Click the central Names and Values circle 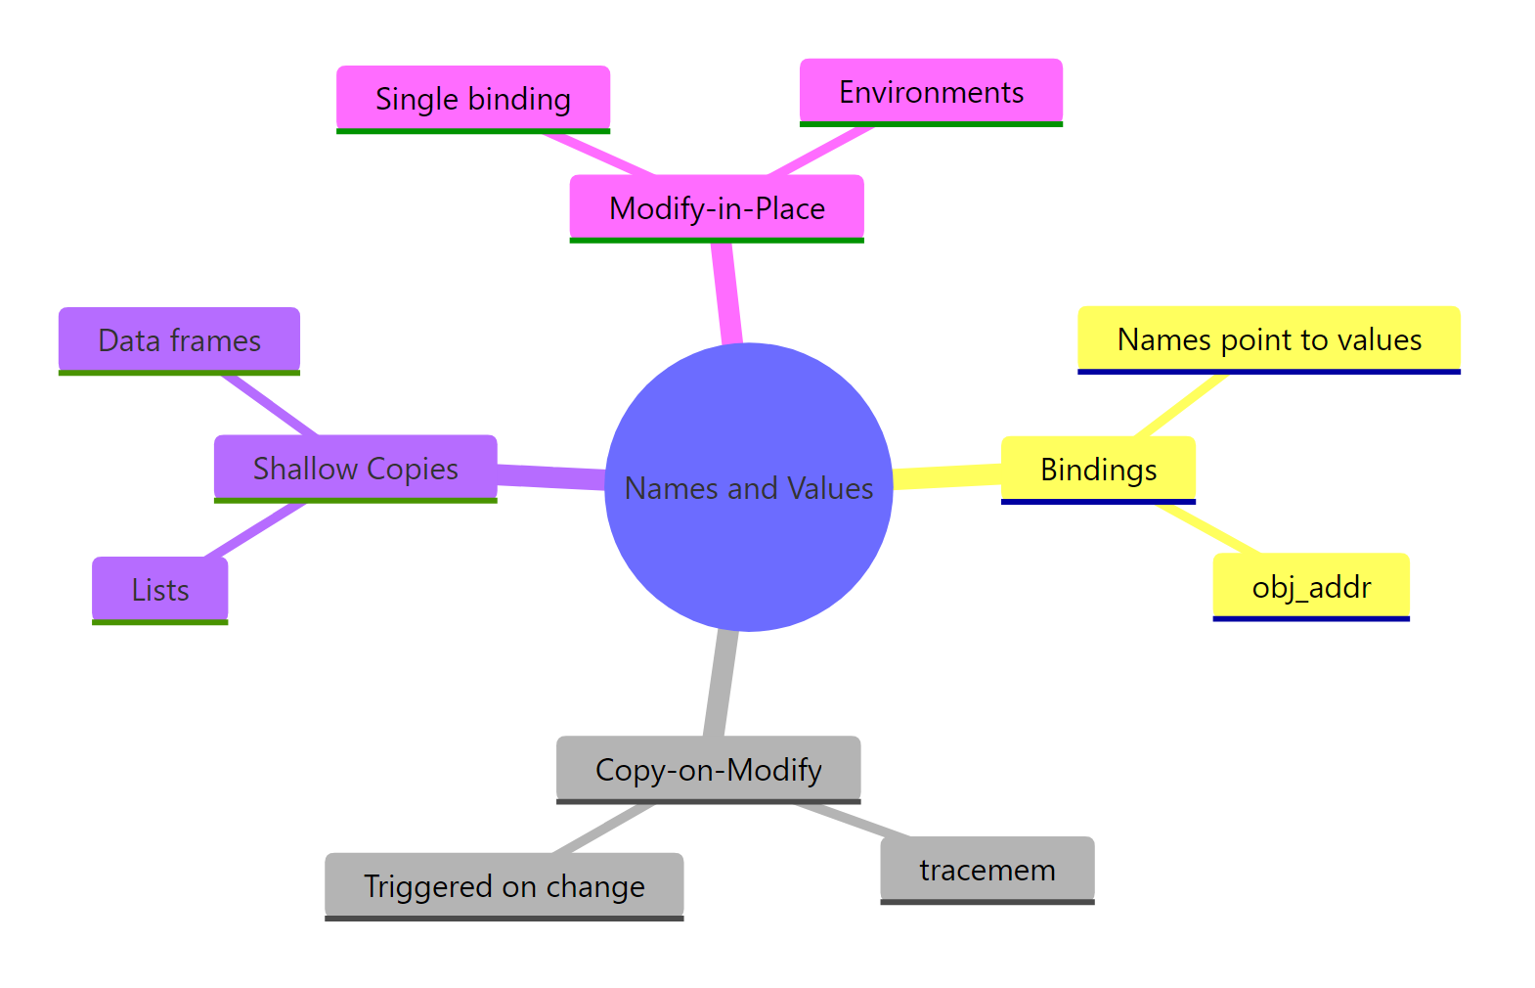748,487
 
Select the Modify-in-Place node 717,208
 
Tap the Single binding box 473,99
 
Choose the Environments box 931,92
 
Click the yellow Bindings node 1098,470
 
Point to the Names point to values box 1268,339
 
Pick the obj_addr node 1311,587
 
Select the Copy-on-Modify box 708,770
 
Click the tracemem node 987,870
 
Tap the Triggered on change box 504,886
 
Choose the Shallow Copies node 355,469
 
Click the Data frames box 179,340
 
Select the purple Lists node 160,590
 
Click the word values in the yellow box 1381,339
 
